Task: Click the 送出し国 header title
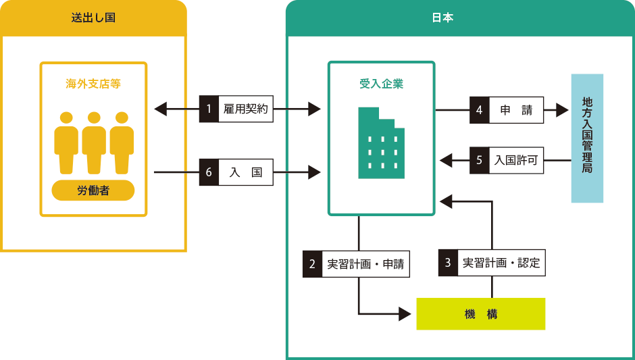(x=93, y=18)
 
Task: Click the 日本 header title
(x=442, y=18)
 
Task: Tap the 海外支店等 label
(x=93, y=84)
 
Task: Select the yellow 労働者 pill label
(x=93, y=190)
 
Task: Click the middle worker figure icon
(x=94, y=142)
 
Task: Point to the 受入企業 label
(x=381, y=84)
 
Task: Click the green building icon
(x=382, y=143)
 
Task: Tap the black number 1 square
(x=209, y=109)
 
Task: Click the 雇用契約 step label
(x=246, y=109)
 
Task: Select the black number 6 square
(x=209, y=172)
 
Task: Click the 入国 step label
(x=246, y=172)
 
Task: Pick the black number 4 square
(x=479, y=110)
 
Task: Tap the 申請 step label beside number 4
(x=516, y=110)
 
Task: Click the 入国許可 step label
(x=516, y=161)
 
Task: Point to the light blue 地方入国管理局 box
(x=587, y=138)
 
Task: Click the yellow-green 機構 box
(x=480, y=314)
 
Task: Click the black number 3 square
(x=447, y=263)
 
